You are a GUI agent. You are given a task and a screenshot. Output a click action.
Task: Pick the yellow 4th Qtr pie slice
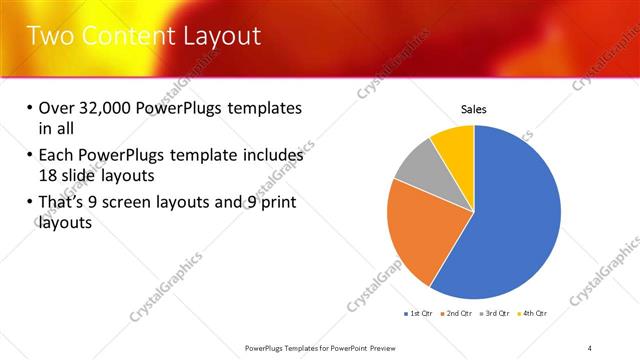coord(455,142)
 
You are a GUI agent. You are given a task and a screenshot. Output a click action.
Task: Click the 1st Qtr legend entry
coord(418,314)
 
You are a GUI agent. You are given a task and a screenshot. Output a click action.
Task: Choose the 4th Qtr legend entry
coord(533,314)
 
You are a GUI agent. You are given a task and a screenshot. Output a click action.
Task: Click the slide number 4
coord(591,347)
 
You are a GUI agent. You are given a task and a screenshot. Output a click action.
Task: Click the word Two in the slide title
coord(47,37)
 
